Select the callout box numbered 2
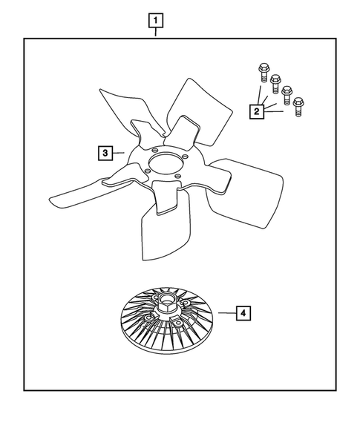(x=257, y=111)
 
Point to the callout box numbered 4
(x=243, y=312)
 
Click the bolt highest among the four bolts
(x=263, y=75)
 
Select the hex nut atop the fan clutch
(x=165, y=303)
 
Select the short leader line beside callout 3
(x=119, y=152)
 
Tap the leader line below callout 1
(x=155, y=31)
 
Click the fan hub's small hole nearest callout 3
(x=147, y=172)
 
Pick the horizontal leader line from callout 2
(x=274, y=113)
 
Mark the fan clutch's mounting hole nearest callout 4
(x=179, y=323)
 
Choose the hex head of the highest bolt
(x=263, y=69)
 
